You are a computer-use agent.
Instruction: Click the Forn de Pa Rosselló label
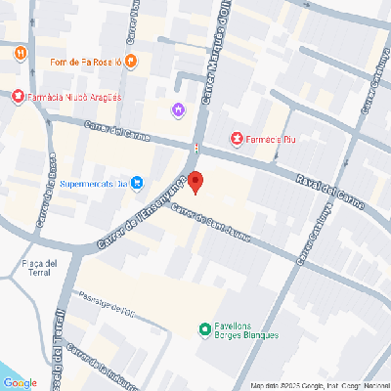pyautogui.click(x=85, y=63)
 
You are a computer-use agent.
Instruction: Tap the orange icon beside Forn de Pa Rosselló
pyautogui.click(x=131, y=63)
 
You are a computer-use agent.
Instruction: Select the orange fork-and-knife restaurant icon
pyautogui.click(x=21, y=50)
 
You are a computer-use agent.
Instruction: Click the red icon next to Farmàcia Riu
pyautogui.click(x=236, y=139)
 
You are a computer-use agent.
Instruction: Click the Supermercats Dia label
pyautogui.click(x=93, y=182)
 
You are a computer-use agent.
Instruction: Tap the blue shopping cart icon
pyautogui.click(x=137, y=182)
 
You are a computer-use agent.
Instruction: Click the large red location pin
pyautogui.click(x=195, y=182)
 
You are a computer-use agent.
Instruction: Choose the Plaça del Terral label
pyautogui.click(x=38, y=268)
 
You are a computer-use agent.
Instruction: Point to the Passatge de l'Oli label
pyautogui.click(x=107, y=309)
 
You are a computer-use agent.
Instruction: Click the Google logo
pyautogui.click(x=21, y=382)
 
